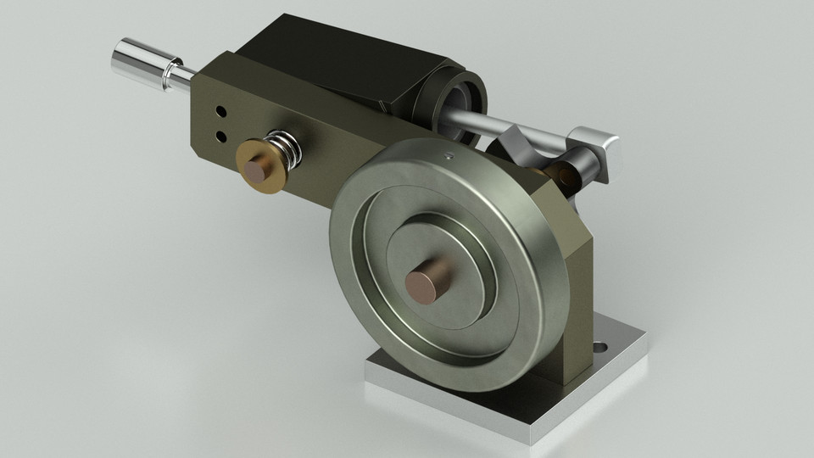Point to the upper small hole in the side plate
coord(220,111)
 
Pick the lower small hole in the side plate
coord(221,135)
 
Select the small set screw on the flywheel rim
coord(447,156)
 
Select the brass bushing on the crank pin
coord(563,174)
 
